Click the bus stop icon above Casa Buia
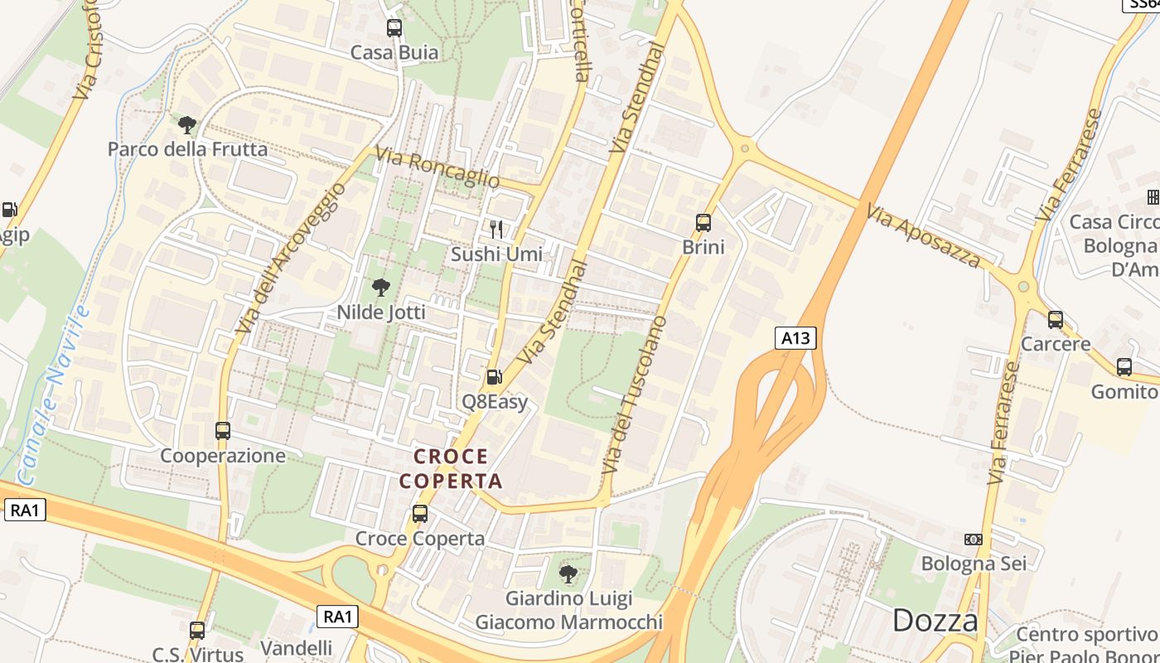pos(394,28)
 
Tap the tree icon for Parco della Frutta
pos(187,125)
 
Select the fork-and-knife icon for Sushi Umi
pos(496,229)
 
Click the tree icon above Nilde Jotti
pos(381,288)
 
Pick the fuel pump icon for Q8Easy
pos(494,377)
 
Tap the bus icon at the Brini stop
pos(703,222)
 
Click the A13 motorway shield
pos(796,338)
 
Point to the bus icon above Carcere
pos(1056,319)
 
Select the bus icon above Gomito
pos(1124,366)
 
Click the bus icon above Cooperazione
pos(223,431)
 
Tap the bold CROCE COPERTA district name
pos(451,468)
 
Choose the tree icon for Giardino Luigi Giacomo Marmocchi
pos(568,573)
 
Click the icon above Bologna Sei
pos(974,540)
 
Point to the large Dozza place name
pos(935,620)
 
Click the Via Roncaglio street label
pos(437,167)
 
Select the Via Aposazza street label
pos(923,236)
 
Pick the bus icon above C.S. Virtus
pos(197,631)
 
